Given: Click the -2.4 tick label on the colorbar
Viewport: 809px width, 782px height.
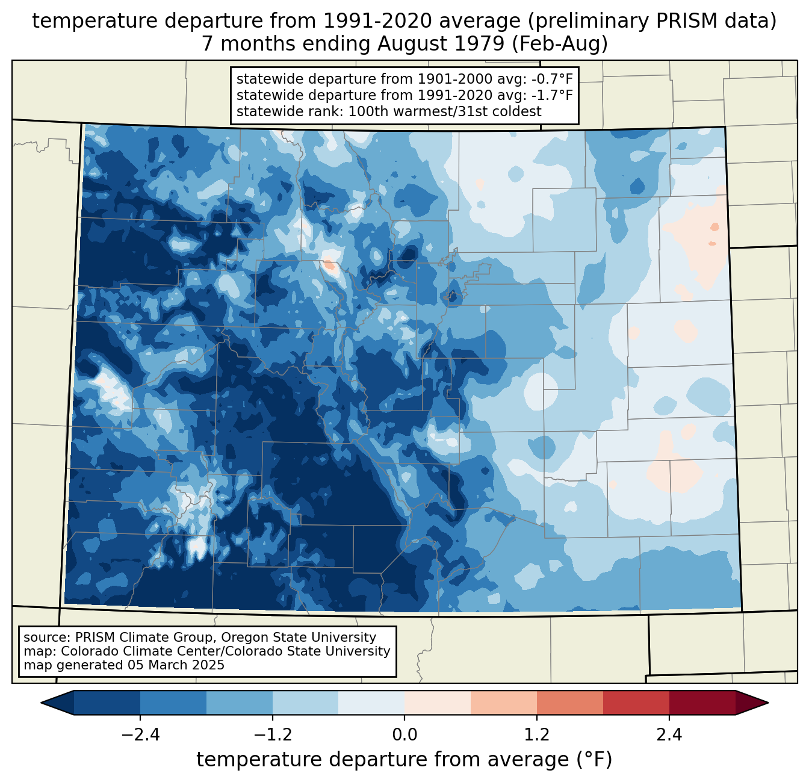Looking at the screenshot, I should [x=140, y=734].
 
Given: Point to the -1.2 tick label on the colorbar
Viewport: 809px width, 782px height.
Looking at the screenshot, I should [x=273, y=734].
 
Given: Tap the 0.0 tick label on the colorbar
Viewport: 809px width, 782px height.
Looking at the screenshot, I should [x=404, y=734].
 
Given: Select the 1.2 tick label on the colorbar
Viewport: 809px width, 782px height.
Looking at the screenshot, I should [x=537, y=734].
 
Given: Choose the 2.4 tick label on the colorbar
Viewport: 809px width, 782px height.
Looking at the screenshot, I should [x=669, y=734].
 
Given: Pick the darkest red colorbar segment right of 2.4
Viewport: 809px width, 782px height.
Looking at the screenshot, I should [x=702, y=703].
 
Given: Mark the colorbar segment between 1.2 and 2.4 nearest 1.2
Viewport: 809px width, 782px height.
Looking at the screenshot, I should [x=569, y=703].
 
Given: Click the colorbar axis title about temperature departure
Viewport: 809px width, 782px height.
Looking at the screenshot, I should [x=404, y=760].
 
